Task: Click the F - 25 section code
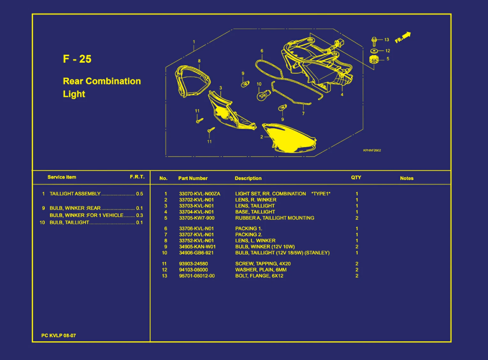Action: coord(77,59)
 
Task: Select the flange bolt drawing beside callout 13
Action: coord(374,42)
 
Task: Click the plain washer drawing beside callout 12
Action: coord(374,51)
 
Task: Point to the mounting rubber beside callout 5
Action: coord(374,59)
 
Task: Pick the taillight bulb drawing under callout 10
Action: coord(263,96)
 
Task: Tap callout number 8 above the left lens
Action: coord(199,61)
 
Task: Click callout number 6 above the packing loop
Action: coord(262,51)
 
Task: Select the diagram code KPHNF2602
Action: coord(372,150)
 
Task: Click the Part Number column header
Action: coord(193,178)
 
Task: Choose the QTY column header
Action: coord(356,178)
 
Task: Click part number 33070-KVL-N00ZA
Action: coord(200,194)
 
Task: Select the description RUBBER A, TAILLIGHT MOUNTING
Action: coord(275,218)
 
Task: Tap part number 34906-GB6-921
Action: coord(196,253)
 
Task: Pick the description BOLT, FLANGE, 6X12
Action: coord(259,276)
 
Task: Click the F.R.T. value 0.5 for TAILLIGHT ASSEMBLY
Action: coord(140,194)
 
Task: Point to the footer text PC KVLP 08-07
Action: coord(58,335)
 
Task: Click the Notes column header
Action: coord(407,178)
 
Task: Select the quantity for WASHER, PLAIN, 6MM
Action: coord(357,270)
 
